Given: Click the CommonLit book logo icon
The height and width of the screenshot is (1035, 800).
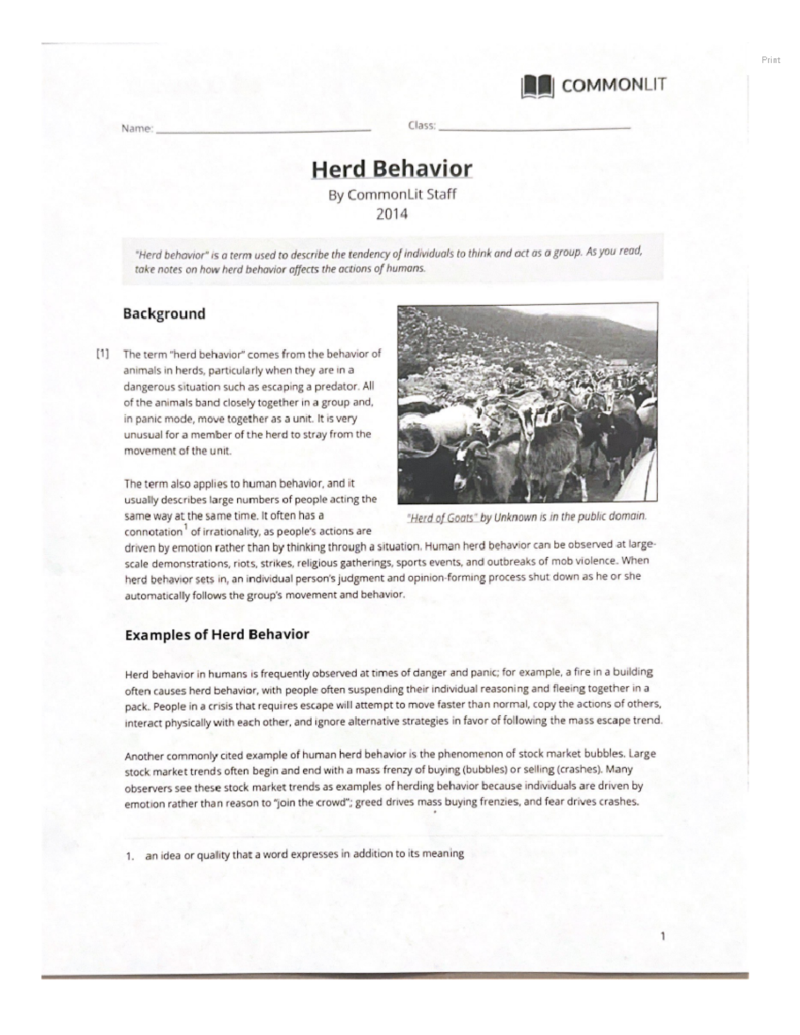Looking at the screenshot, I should tap(537, 86).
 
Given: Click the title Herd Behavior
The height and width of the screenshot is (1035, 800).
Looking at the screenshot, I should tap(392, 169).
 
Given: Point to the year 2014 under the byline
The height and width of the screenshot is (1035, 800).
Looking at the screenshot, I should tap(392, 214).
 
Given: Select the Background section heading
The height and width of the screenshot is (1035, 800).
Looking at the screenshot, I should tap(164, 314).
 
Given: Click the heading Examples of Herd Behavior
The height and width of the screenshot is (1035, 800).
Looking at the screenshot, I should tap(217, 634).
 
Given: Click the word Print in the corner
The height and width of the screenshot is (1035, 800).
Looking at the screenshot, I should tap(771, 60).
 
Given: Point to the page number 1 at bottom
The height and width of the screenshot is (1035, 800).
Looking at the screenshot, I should tap(662, 936).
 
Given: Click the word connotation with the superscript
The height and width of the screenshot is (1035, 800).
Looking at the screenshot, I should tap(153, 532).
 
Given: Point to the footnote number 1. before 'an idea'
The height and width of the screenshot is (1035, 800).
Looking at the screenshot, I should tap(131, 856).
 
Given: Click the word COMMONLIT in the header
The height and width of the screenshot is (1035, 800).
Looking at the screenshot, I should tap(613, 85).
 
